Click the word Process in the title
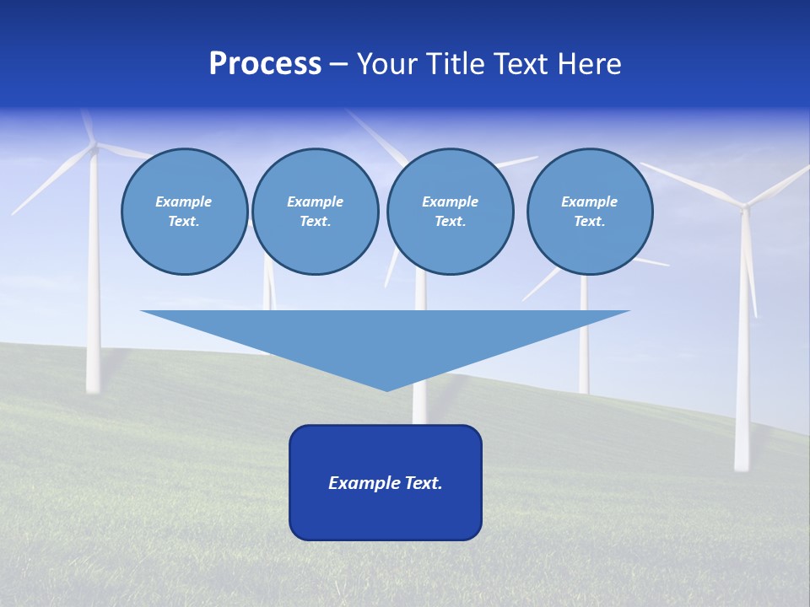(x=265, y=64)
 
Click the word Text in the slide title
(x=524, y=64)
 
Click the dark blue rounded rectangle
(x=385, y=514)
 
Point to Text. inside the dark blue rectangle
(x=424, y=483)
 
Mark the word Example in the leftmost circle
(x=183, y=201)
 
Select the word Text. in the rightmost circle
(x=589, y=222)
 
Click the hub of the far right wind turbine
(x=743, y=205)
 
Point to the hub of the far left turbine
(x=94, y=148)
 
